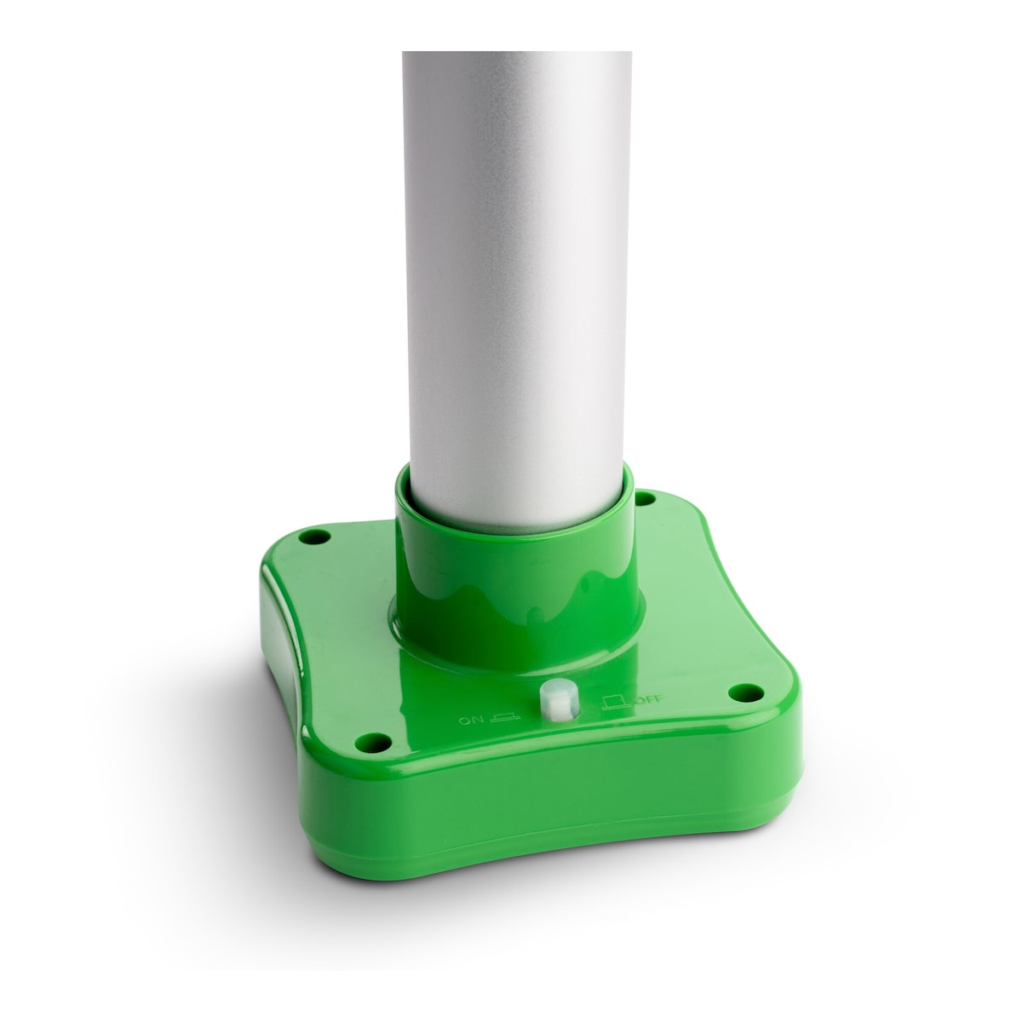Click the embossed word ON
[470, 721]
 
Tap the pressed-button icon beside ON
[504, 718]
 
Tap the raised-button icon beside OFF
[617, 701]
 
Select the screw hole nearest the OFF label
[746, 692]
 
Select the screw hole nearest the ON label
[373, 741]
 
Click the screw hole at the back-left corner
[315, 537]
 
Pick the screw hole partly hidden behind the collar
[646, 498]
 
